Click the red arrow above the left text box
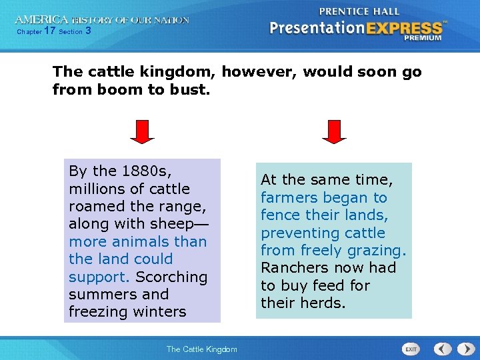pos(142,131)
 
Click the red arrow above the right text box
pos(334,131)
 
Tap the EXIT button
pos(411,349)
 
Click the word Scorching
pos(171,277)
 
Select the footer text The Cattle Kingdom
pos(201,349)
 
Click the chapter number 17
pos(49,31)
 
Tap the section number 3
pos(89,31)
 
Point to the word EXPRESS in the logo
pos(403,28)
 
